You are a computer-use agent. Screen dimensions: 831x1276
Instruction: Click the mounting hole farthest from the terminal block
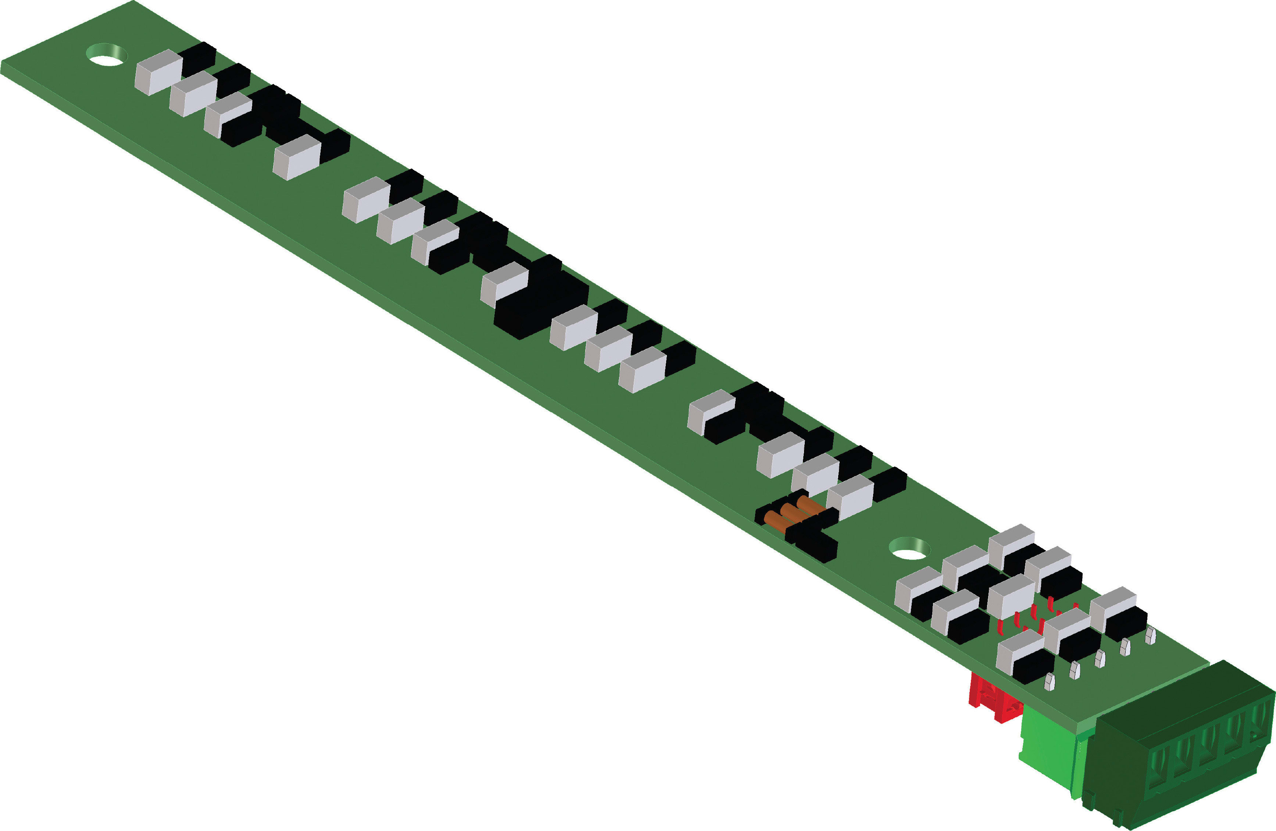[107, 55]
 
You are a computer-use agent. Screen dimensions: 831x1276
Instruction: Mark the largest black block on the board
[542, 303]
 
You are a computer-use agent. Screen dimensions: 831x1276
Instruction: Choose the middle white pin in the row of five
[1100, 659]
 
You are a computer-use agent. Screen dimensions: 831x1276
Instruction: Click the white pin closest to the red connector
[1049, 682]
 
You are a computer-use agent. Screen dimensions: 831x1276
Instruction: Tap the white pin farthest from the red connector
[1150, 636]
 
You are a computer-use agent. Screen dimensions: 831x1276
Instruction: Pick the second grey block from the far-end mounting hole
[193, 94]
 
